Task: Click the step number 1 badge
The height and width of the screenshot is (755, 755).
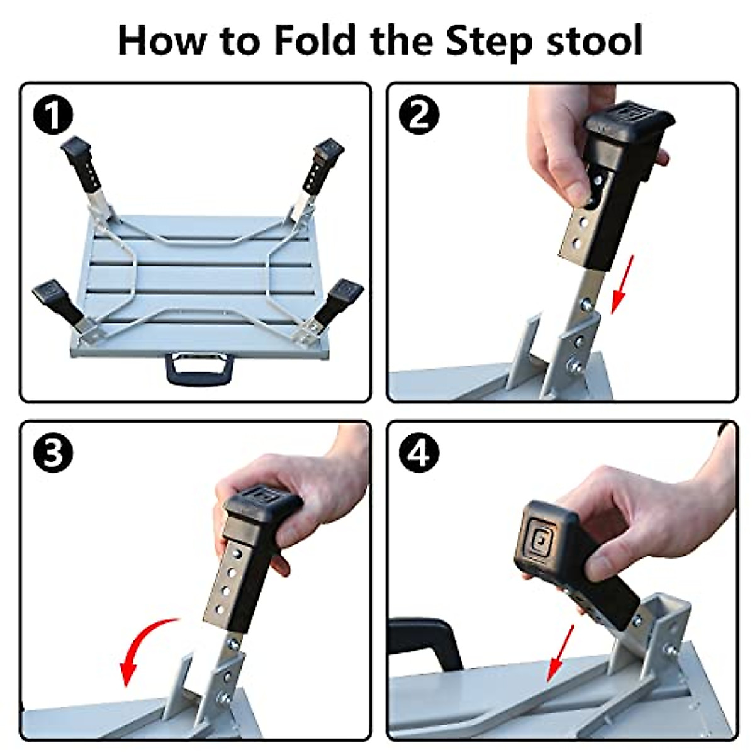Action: click(53, 116)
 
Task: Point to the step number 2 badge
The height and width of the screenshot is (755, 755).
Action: click(419, 115)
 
